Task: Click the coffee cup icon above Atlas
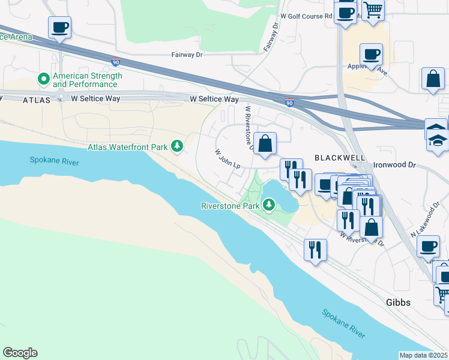coord(59,28)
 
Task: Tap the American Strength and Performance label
coord(87,80)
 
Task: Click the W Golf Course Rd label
coord(306,17)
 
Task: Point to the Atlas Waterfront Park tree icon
coord(177,146)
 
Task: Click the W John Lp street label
coord(228,159)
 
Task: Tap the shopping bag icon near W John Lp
coord(265,144)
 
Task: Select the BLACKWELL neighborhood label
coord(340,157)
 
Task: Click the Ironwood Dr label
coord(394,164)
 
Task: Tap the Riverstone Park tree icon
coord(270,206)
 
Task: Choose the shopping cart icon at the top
coord(373,10)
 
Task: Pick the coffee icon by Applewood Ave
coord(371,55)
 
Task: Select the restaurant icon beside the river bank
coord(315,248)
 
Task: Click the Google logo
coord(20,353)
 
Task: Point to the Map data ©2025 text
coord(424,355)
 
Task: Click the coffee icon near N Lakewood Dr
coord(428,246)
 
